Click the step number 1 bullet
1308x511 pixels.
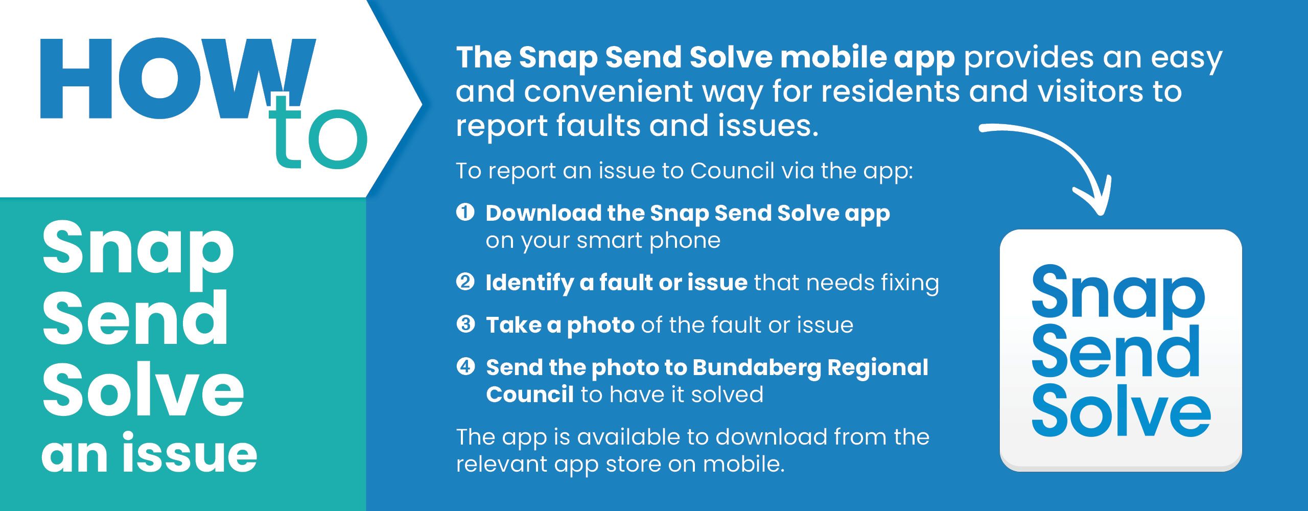tap(465, 212)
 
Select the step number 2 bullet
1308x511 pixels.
tap(465, 282)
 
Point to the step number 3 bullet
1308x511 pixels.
tap(465, 324)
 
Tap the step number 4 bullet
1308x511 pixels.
tap(465, 366)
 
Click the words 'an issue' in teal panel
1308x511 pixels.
tap(149, 453)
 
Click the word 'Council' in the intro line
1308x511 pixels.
tap(732, 171)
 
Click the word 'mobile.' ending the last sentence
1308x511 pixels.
tap(743, 463)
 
